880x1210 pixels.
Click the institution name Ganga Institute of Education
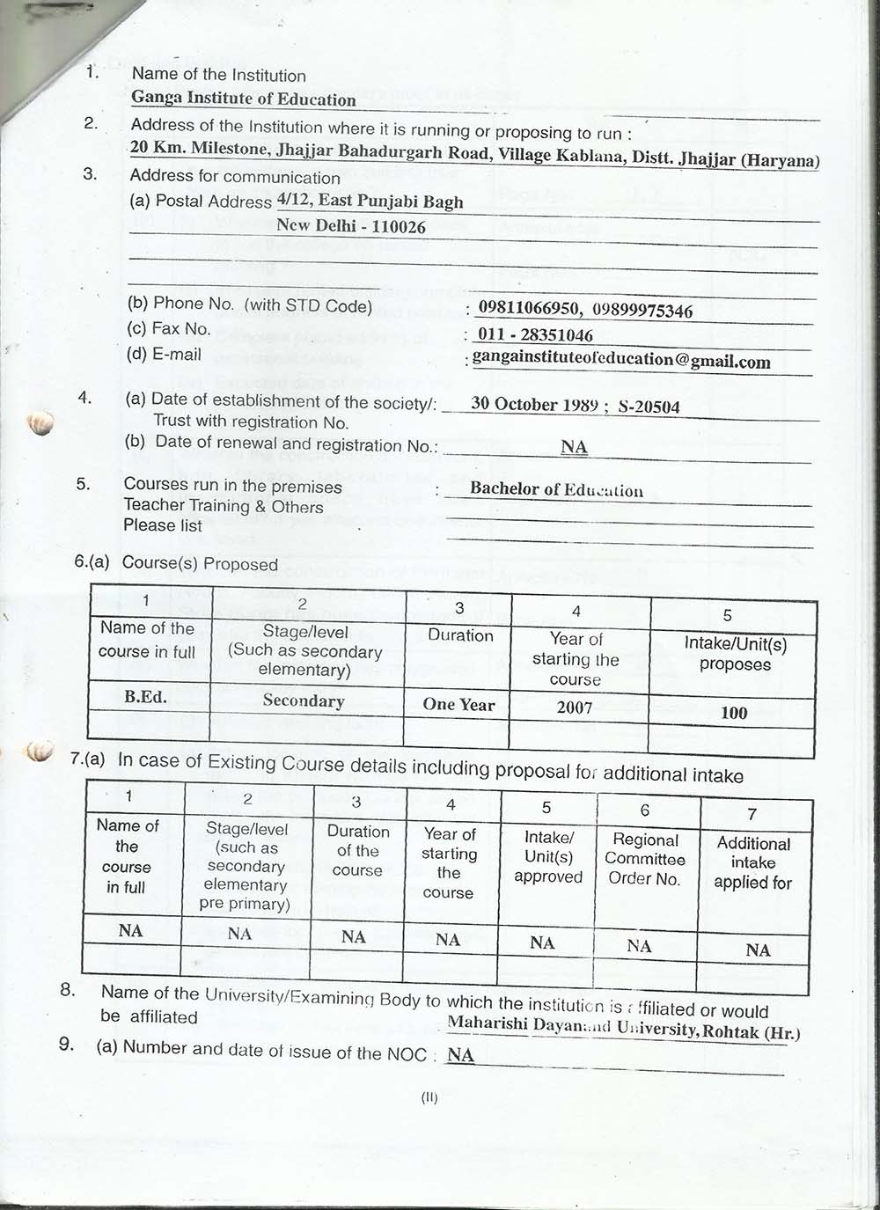[x=244, y=99]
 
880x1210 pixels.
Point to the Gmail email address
[x=621, y=359]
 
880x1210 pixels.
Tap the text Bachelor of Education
[x=556, y=489]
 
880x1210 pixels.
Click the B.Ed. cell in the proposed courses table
[x=146, y=696]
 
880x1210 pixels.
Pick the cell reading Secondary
[x=304, y=700]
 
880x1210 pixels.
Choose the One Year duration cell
[x=458, y=704]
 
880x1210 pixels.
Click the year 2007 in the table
[x=575, y=708]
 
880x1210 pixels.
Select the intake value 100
[x=734, y=713]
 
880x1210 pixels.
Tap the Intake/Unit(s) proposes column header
[x=735, y=654]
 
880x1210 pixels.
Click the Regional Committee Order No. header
[x=645, y=859]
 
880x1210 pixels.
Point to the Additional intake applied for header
[x=753, y=862]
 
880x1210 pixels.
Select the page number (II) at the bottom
[x=429, y=1097]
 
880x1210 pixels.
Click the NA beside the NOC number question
[x=460, y=1055]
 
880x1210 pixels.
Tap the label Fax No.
[x=181, y=329]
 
